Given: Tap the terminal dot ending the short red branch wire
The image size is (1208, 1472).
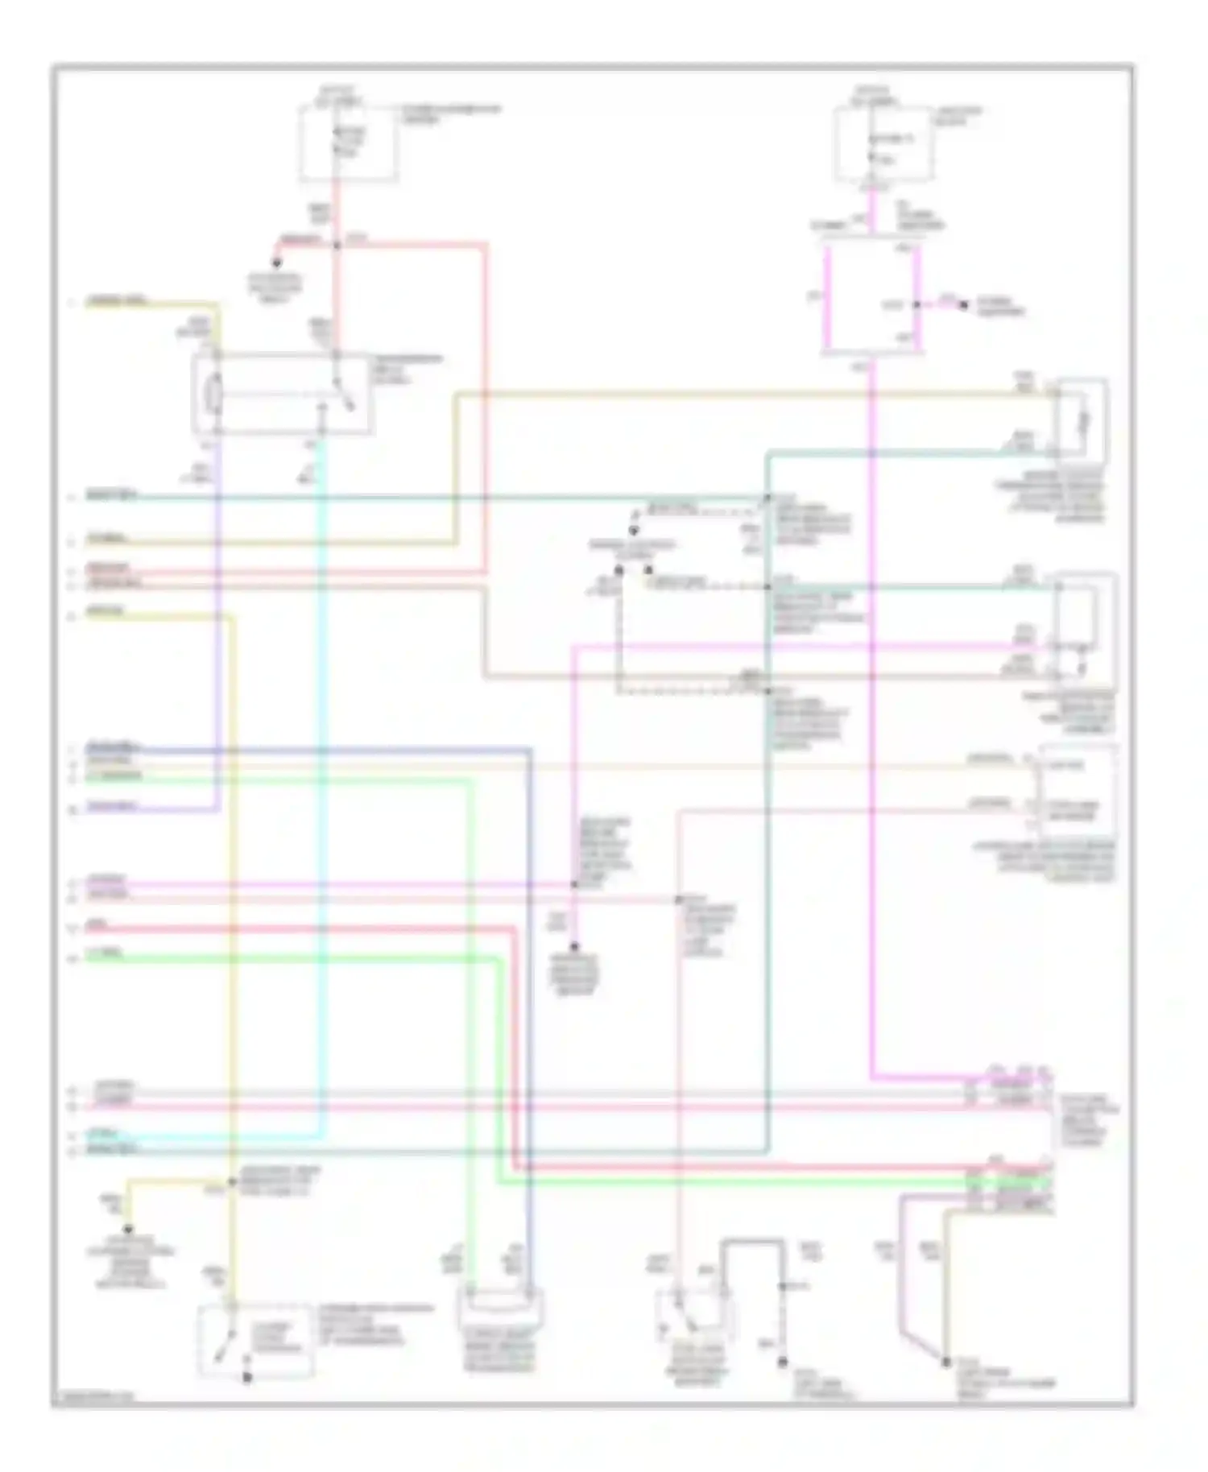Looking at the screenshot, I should point(276,263).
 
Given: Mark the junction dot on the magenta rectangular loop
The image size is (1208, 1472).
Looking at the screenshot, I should point(916,305).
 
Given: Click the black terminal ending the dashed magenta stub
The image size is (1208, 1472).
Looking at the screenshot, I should point(964,306).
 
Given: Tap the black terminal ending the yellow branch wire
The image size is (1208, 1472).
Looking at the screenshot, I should point(127,1230).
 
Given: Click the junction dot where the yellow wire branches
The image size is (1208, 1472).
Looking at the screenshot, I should point(232,1182).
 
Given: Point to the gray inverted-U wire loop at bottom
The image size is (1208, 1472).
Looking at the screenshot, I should point(752,1243).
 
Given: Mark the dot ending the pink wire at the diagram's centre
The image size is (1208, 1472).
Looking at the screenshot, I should point(574,948).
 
